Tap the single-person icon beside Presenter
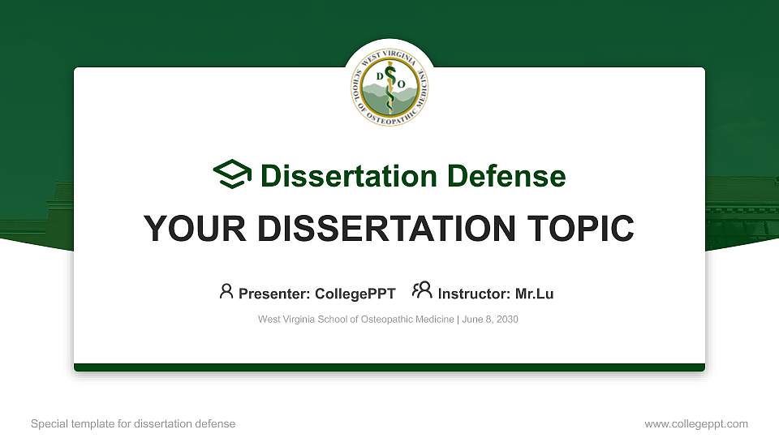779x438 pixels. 226,291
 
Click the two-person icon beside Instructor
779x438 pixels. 422,290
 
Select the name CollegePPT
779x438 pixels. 355,294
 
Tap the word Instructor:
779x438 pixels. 473,294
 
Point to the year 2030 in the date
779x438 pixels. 506,320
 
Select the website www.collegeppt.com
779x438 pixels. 696,423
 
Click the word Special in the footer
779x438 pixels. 48,423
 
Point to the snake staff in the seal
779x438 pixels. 390,89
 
